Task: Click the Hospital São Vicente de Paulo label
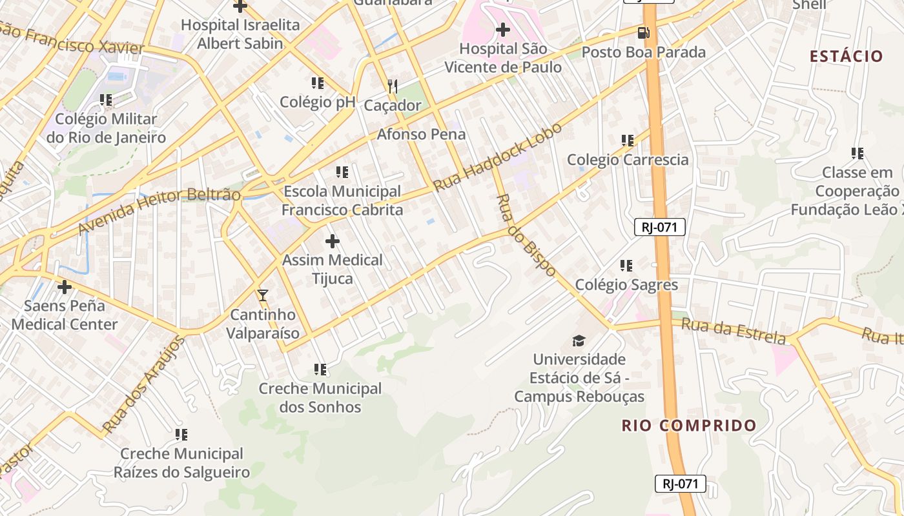(503, 58)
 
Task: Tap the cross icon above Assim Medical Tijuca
(333, 242)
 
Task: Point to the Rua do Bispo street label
(526, 235)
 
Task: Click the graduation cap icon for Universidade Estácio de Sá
(579, 341)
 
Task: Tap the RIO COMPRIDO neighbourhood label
(689, 426)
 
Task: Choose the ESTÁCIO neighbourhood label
(847, 56)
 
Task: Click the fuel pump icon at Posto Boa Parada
(643, 33)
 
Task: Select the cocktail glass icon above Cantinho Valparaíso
(262, 295)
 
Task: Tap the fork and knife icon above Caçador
(392, 86)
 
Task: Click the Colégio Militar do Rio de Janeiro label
(106, 128)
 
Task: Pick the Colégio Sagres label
(626, 284)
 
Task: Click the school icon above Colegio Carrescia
(627, 140)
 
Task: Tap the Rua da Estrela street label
(734, 332)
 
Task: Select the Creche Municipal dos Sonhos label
(320, 398)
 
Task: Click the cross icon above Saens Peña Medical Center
(65, 287)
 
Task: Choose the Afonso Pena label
(421, 134)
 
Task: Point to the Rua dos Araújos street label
(143, 385)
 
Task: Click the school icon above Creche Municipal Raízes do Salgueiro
(181, 435)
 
